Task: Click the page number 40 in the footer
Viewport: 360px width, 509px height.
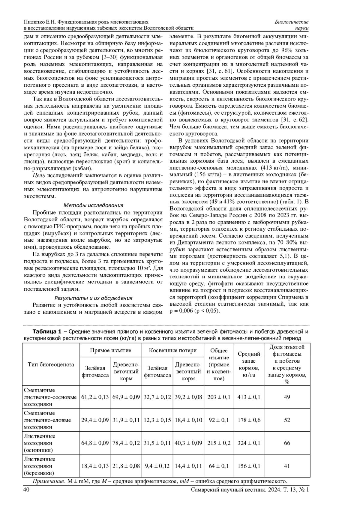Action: tap(26, 490)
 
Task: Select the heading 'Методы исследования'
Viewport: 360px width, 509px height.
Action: tap(93, 205)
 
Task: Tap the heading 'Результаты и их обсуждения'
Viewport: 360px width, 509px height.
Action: tap(93, 298)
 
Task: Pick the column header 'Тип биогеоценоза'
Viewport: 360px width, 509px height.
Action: tap(51, 364)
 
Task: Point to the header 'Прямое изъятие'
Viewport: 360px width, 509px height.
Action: tap(110, 350)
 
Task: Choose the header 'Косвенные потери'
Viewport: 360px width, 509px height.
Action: tap(173, 350)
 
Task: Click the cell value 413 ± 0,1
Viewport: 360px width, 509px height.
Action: tap(249, 397)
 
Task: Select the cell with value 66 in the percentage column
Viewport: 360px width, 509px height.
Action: tap(287, 443)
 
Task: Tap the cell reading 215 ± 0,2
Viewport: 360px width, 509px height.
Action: tap(219, 443)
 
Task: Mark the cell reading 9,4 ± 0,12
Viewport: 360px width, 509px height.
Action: tap(157, 466)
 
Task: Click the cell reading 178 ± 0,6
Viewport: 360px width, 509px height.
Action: tap(249, 420)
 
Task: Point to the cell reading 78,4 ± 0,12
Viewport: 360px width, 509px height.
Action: tap(126, 443)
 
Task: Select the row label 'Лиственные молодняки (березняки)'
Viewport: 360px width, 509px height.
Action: tap(40, 466)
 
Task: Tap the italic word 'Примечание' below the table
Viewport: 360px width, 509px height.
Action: tap(48, 481)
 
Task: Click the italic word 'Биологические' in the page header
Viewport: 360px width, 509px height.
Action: tap(292, 22)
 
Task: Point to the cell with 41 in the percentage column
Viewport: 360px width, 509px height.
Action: tap(287, 466)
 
